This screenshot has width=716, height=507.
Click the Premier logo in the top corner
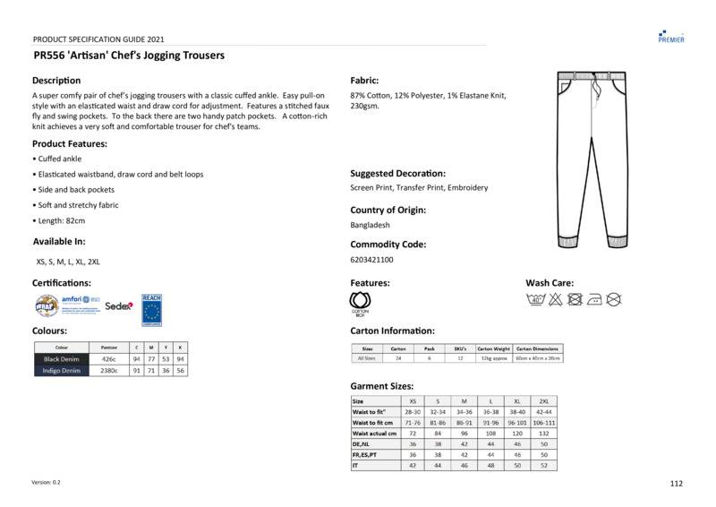tap(670, 36)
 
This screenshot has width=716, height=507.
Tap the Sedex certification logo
tap(119, 305)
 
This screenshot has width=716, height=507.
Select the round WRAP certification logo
tap(46, 305)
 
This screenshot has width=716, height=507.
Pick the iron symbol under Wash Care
tap(593, 299)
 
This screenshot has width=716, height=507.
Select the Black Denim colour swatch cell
tap(62, 359)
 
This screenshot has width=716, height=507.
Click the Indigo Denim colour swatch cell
tap(62, 370)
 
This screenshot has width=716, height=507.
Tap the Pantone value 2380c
tap(109, 370)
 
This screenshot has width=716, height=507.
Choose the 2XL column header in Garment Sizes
tap(542, 401)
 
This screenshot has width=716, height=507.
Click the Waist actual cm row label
tap(375, 434)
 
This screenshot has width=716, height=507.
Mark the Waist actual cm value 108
tap(490, 434)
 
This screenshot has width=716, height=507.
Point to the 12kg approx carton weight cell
tap(493, 358)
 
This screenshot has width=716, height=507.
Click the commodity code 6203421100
tap(371, 260)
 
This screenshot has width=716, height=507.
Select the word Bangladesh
tap(370, 225)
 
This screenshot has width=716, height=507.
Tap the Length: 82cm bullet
tap(61, 220)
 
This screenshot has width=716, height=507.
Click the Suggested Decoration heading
tap(397, 173)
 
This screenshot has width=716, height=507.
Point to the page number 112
tap(676, 484)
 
